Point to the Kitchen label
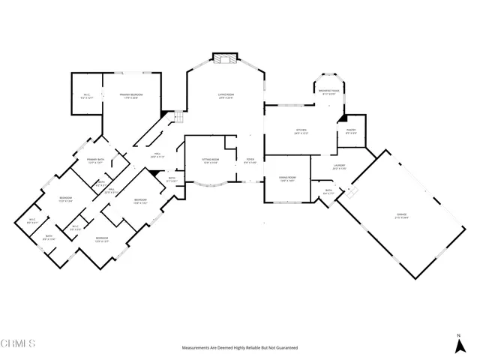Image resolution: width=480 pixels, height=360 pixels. point(301,131)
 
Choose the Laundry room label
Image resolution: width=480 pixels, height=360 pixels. point(338,167)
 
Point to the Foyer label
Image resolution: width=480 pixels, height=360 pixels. point(250,161)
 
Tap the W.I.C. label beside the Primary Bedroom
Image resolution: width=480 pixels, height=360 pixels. point(87,95)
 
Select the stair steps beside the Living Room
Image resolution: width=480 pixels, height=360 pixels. point(178,118)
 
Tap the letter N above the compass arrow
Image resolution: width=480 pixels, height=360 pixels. point(458,334)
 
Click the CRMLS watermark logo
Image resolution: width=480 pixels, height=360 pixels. point(18,344)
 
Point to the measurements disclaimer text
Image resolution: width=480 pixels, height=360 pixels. point(240,348)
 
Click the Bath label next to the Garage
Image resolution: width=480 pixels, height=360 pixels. point(328,190)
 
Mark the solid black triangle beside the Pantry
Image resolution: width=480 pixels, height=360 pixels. point(341,118)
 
